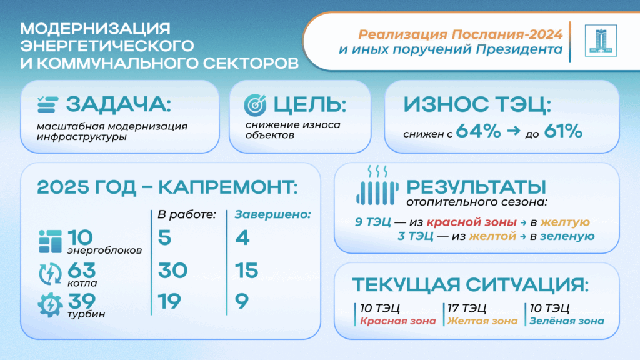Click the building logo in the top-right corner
601,41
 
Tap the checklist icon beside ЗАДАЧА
47,104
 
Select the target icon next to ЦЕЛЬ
255,105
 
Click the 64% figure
478,131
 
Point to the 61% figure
563,131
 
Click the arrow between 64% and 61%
514,131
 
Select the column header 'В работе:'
187,215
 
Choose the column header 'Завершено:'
272,215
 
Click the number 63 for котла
82,270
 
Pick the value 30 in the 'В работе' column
172,271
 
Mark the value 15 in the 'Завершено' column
246,271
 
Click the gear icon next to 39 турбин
50,305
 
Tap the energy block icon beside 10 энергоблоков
50,241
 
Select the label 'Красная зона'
398,321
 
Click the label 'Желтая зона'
482,321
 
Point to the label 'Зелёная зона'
567,321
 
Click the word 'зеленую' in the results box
567,236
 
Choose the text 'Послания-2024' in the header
507,35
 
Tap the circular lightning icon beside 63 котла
50,274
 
